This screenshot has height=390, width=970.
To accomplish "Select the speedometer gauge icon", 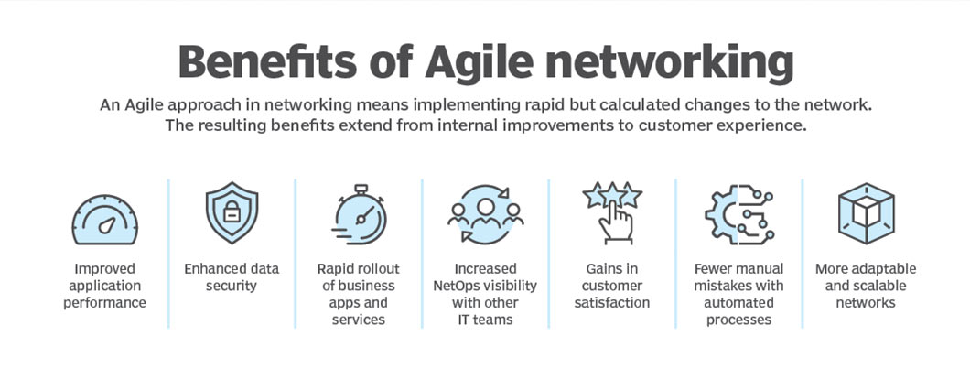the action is (x=105, y=220).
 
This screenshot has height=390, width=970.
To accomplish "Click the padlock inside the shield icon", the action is (x=232, y=211).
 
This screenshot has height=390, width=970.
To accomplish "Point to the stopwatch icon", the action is (x=360, y=214).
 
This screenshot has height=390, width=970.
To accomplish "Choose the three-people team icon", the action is (x=486, y=213).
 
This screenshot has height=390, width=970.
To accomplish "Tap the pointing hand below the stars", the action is (x=616, y=222).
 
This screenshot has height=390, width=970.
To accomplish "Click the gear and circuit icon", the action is (x=739, y=213).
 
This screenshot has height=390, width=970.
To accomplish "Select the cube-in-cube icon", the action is (x=866, y=213).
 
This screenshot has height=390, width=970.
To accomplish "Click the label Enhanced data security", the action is (x=232, y=277).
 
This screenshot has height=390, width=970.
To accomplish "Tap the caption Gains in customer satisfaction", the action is (x=612, y=286).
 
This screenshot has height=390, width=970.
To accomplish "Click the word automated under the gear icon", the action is (x=738, y=303).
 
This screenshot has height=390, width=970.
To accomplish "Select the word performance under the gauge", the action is (x=105, y=303).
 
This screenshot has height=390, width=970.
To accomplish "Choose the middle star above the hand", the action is (x=612, y=194).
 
